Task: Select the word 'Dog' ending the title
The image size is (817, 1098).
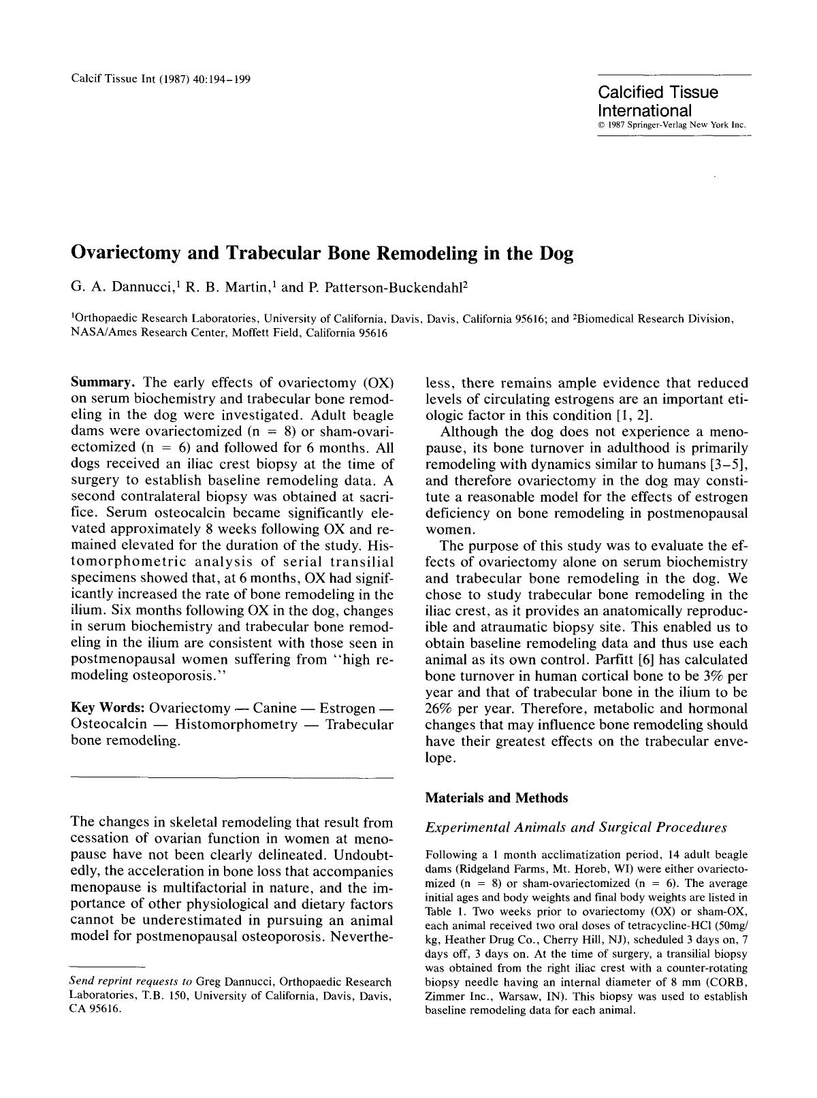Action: pyautogui.click(x=556, y=254)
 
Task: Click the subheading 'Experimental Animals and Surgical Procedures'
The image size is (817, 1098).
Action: pyautogui.click(x=576, y=828)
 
